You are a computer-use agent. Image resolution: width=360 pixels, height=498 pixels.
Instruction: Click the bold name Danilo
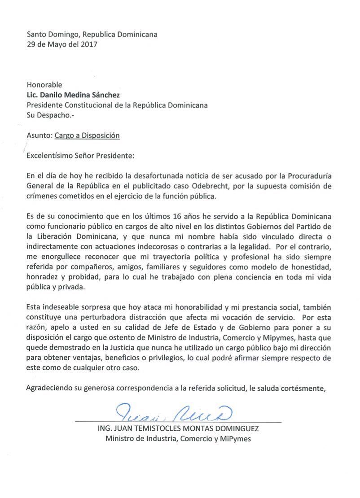[x=57, y=95]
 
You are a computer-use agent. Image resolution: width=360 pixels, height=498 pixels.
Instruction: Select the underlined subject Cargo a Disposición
[x=87, y=135]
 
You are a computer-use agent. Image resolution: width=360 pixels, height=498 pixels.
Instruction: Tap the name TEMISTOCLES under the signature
[x=156, y=428]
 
